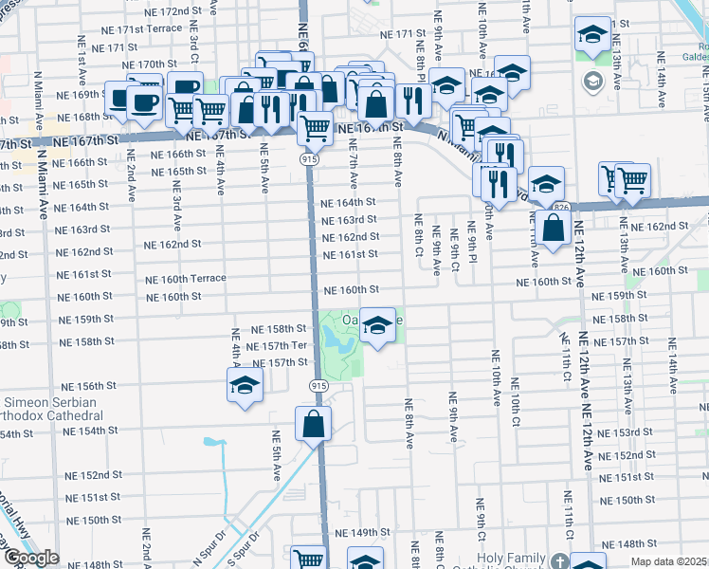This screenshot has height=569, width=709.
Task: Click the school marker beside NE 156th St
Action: pos(244,386)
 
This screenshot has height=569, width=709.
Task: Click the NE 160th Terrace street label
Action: pos(185,279)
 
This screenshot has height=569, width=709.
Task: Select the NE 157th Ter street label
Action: pos(276,346)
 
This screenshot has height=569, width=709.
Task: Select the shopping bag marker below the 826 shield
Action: pos(553,228)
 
